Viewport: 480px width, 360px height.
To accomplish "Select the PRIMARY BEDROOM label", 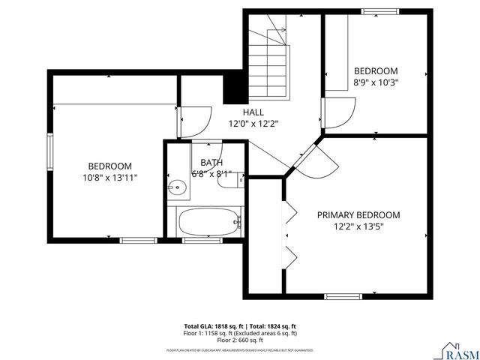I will click(358, 214).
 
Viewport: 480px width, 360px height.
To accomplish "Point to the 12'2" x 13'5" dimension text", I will click(358, 226).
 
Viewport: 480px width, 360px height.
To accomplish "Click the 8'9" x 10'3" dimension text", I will click(375, 83).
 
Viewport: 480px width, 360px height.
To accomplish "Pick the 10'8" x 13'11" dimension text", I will click(109, 178).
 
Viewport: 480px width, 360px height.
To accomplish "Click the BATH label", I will click(211, 163).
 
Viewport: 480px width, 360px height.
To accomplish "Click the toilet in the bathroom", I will click(226, 178).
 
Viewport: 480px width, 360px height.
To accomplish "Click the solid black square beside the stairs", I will click(235, 87).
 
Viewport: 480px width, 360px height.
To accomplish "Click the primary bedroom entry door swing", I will click(315, 161).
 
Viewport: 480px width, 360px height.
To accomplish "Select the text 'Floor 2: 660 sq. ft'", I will click(240, 338).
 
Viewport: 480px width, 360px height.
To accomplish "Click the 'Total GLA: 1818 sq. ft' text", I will click(212, 326).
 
